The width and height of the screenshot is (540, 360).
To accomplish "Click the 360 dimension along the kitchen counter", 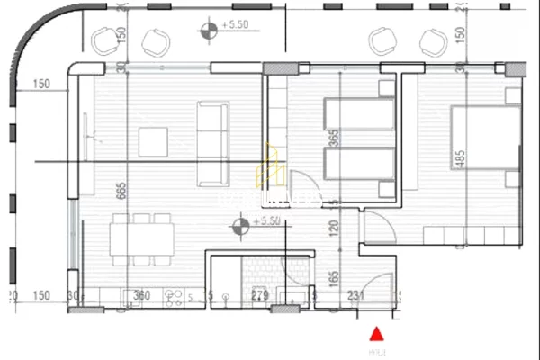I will [141, 295].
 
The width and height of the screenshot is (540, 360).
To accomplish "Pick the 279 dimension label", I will [259, 295].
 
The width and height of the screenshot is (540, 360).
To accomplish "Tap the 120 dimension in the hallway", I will [334, 229].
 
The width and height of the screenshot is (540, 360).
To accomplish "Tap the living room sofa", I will [212, 142].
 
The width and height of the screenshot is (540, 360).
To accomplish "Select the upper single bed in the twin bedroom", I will [359, 115].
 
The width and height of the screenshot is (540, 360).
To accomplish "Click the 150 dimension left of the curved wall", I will [40, 85].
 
